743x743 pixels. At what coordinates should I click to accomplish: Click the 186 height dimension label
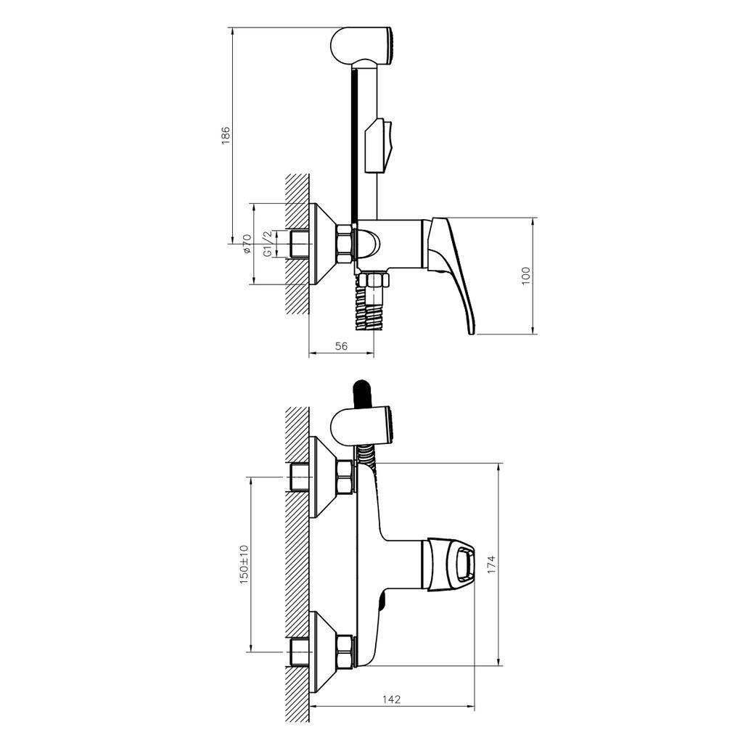226,135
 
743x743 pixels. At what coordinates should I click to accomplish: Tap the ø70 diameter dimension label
247,244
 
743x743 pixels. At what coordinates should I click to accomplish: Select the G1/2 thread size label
267,244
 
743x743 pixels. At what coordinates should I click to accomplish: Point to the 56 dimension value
341,347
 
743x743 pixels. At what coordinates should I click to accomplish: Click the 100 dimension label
526,276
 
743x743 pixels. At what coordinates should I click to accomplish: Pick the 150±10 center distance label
244,564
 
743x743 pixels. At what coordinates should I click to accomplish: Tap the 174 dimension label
491,564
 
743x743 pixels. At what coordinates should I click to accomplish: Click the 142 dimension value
391,699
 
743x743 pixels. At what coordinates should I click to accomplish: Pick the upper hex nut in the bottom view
344,477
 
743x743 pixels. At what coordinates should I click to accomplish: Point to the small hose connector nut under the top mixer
376,281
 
